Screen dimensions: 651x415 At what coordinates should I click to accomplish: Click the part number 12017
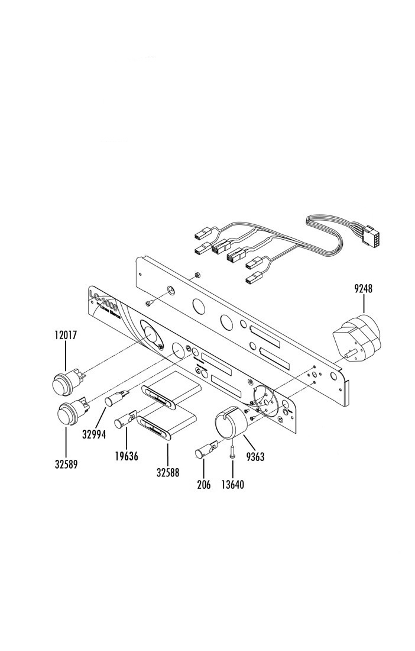(64, 335)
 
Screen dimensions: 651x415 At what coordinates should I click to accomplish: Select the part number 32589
(66, 464)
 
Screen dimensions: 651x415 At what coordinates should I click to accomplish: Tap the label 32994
(94, 434)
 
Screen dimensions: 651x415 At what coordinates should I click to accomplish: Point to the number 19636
(126, 456)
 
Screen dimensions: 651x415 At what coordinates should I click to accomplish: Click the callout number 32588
(167, 472)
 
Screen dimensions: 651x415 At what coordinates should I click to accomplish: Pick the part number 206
(203, 484)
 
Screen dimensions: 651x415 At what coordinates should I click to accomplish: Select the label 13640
(232, 484)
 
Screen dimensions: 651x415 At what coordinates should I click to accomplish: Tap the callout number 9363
(255, 456)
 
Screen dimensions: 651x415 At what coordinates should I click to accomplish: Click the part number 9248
(364, 289)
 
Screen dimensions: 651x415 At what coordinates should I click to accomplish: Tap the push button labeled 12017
(63, 381)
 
